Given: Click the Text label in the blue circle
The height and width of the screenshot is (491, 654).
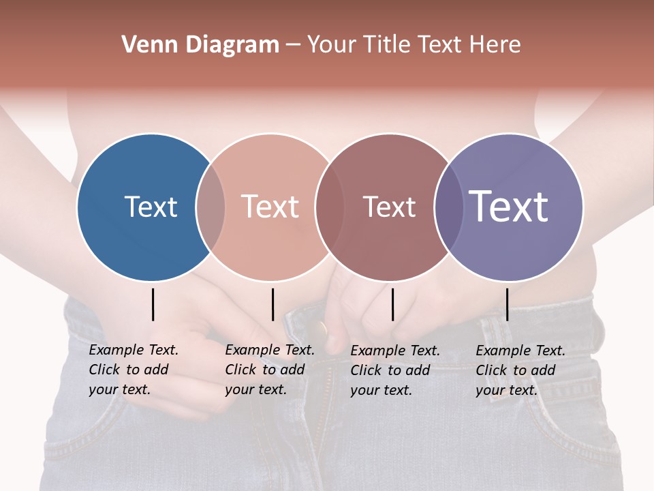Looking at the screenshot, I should (151, 207).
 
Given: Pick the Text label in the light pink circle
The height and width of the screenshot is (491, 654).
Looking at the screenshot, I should (270, 207).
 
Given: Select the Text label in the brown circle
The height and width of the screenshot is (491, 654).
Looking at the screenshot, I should (389, 207).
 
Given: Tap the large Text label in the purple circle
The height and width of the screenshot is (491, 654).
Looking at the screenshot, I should (509, 206).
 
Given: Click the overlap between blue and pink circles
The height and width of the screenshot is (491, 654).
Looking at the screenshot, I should (211, 207).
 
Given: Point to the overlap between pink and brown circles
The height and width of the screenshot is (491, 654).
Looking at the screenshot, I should (329, 207).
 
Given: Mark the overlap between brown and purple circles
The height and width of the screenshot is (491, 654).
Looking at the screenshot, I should (449, 207).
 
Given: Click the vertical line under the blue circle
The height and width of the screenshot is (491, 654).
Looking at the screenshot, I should (153, 304).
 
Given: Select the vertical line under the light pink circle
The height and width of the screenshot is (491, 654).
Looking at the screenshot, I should (272, 304).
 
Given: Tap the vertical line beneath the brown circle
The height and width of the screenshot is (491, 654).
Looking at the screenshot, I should (392, 304).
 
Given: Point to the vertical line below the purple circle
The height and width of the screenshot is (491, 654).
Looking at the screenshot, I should (507, 304).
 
